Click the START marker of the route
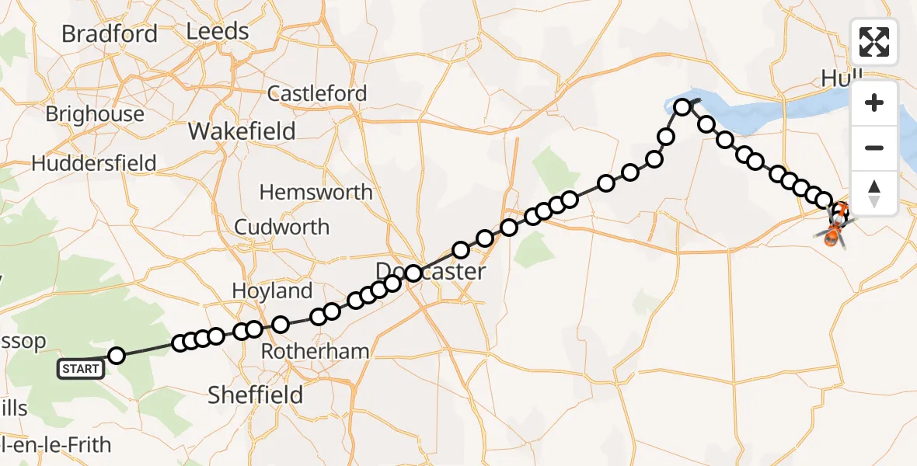click(x=82, y=368)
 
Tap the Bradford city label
click(x=110, y=34)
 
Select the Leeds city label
click(x=218, y=32)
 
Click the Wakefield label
click(x=242, y=131)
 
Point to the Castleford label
click(x=317, y=94)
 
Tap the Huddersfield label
click(x=94, y=164)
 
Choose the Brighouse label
click(x=95, y=114)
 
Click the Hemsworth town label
click(x=316, y=192)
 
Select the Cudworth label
click(x=281, y=228)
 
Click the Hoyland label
click(x=272, y=291)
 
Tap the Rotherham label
click(x=315, y=351)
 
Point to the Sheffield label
click(x=255, y=395)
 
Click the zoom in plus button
click(x=874, y=103)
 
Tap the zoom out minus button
click(x=874, y=148)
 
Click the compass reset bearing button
click(x=874, y=193)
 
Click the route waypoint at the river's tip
click(x=682, y=107)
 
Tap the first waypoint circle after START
click(x=117, y=356)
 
